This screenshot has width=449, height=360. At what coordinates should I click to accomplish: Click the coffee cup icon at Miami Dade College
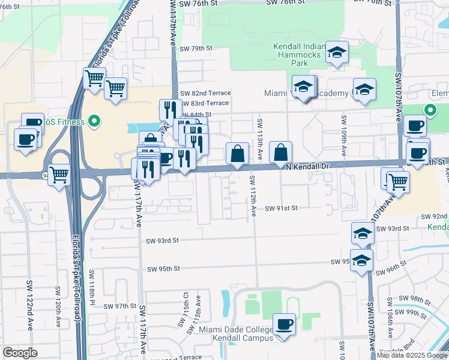tap(285, 325)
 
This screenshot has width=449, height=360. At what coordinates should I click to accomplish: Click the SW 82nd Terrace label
tap(205, 93)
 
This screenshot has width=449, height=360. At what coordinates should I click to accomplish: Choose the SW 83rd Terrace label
tap(205, 103)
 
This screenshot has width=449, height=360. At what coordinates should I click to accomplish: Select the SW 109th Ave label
tap(344, 135)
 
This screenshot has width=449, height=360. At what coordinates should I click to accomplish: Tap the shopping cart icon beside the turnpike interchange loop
tap(59, 176)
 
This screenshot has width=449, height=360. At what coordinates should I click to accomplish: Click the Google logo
tap(20, 353)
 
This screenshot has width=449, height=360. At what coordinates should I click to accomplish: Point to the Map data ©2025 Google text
tap(412, 355)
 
